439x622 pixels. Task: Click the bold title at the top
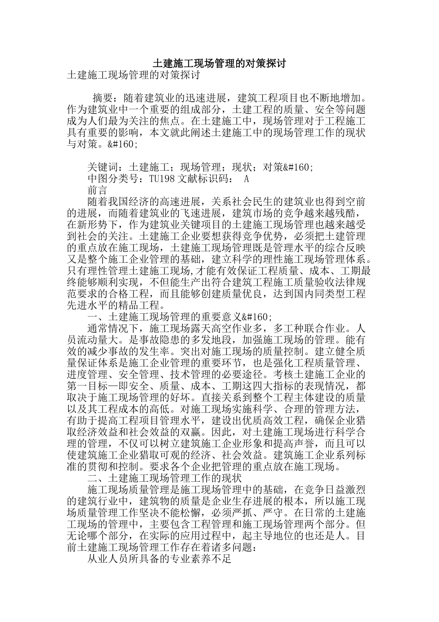pyautogui.click(x=219, y=63)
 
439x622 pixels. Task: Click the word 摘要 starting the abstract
pyautogui.click(x=103, y=99)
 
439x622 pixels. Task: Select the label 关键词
pyautogui.click(x=103, y=167)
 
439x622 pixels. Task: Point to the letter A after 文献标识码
pyautogui.click(x=246, y=179)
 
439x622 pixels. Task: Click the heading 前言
pyautogui.click(x=98, y=190)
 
